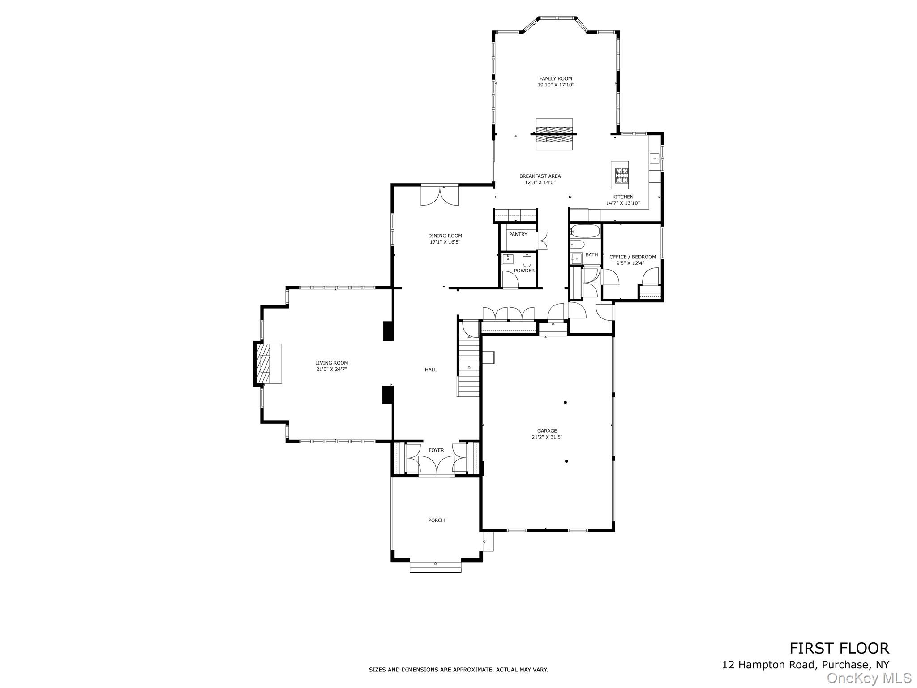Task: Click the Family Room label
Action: [x=556, y=79]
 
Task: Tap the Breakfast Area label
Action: [x=540, y=176]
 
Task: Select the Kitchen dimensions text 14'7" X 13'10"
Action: [x=623, y=203]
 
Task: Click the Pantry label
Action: [x=518, y=234]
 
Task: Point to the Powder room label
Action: [x=524, y=271]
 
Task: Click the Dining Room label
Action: [x=445, y=236]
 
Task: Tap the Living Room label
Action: [x=331, y=363]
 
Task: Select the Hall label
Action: [x=431, y=370]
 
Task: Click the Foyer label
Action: [x=436, y=450]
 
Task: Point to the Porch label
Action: [x=437, y=520]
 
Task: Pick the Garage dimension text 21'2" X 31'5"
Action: [x=547, y=437]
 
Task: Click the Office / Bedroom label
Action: [x=633, y=257]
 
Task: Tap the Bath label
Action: [x=591, y=254]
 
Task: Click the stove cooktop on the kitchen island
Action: [x=621, y=176]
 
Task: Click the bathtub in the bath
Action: [x=585, y=231]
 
